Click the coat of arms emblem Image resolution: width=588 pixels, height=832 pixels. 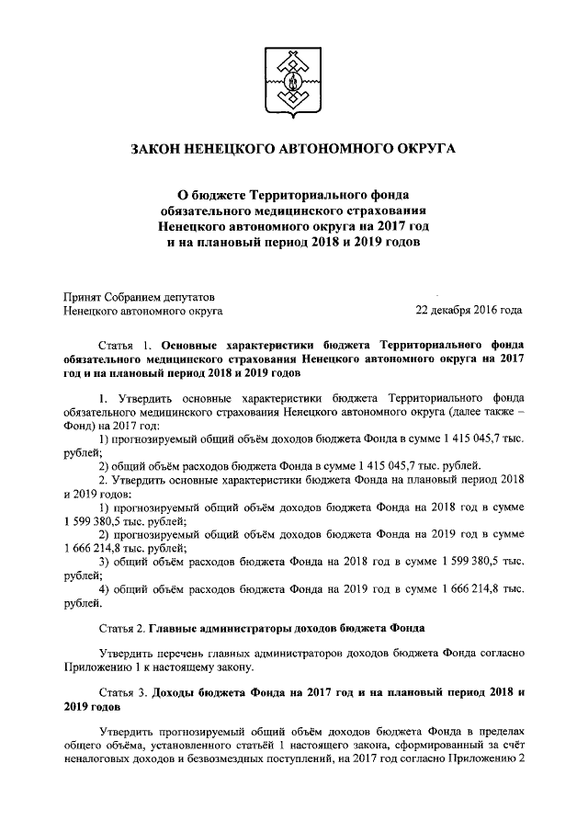point(294,79)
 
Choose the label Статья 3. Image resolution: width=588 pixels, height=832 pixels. point(118,691)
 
